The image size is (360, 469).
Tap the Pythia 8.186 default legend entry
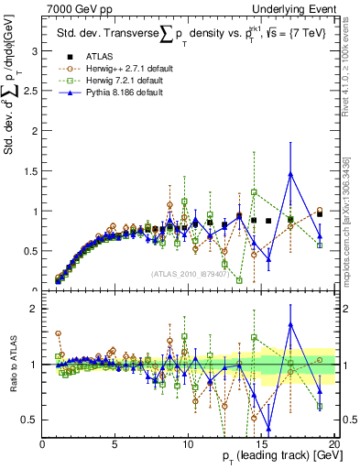tap(115, 92)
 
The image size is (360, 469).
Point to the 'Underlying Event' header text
tap(292, 8)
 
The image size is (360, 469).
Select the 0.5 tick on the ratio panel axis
tap(29, 420)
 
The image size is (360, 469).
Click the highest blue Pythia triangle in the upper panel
tap(290, 174)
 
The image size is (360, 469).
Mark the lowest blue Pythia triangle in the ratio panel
tap(268, 428)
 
